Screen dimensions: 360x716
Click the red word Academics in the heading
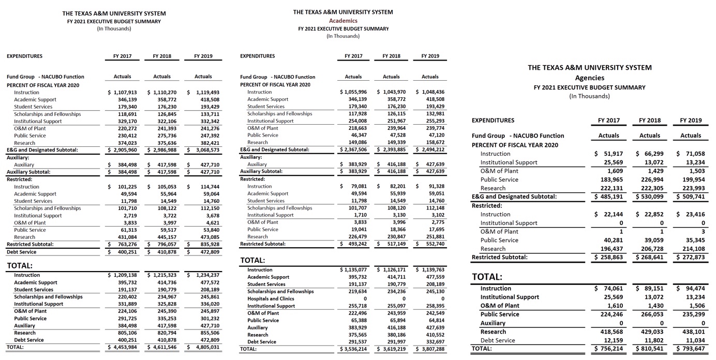click(343, 21)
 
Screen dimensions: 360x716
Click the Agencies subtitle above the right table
click(589, 78)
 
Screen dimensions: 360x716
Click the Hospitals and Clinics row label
click(271, 298)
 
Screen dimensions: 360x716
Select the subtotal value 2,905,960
click(122, 150)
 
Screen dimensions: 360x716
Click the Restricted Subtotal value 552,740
click(432, 244)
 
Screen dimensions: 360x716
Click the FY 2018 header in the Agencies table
click(649, 121)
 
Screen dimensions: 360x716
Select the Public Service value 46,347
click(356, 135)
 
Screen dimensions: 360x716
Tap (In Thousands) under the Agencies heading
click(589, 96)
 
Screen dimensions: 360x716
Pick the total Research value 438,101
click(691, 332)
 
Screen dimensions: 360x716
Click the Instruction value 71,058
click(691, 154)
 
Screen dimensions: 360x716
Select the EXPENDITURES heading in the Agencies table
click(493, 121)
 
